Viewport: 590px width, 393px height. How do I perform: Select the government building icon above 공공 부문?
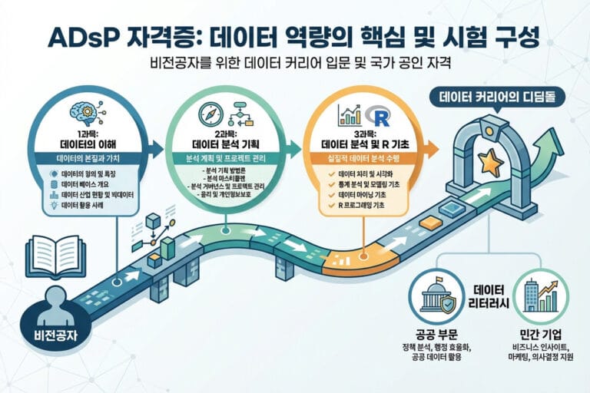point(436,296)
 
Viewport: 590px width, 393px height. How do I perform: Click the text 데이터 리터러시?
point(488,296)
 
